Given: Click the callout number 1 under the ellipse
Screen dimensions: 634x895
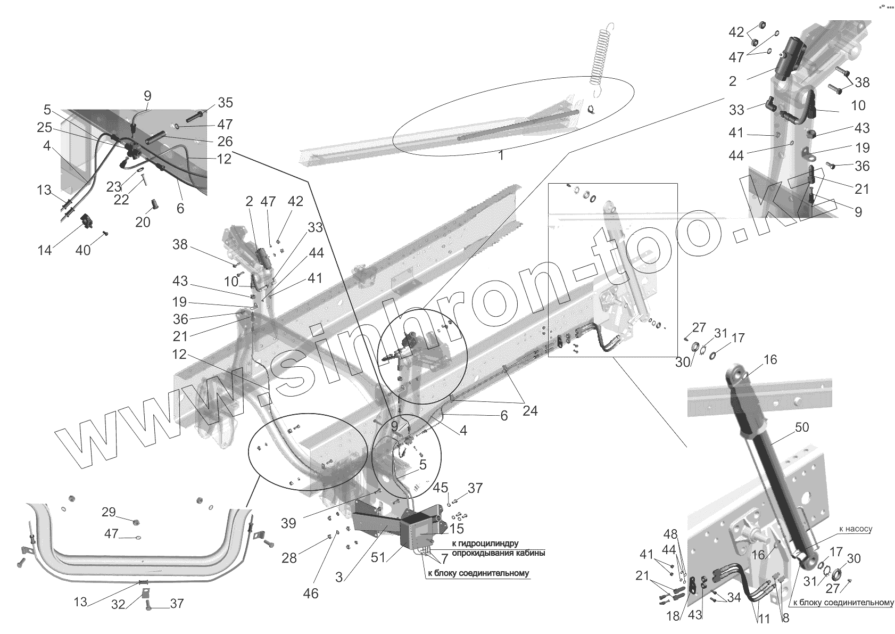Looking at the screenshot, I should point(501,156).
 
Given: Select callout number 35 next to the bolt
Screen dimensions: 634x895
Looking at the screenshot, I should point(225,103).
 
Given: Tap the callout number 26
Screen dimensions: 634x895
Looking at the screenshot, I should point(225,141).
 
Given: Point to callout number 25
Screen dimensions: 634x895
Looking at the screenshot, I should point(44,127).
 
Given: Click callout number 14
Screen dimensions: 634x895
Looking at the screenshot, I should point(45,250).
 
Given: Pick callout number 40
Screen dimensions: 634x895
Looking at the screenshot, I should point(82,250).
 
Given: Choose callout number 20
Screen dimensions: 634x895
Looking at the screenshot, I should point(143,222).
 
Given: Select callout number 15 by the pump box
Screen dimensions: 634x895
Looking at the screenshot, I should point(456,529).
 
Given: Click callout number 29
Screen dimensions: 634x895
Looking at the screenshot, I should point(109,512).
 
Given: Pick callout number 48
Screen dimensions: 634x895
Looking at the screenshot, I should point(671,533).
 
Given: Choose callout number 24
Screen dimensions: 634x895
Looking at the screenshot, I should point(529,411).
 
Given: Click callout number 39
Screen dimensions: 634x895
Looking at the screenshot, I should point(288,523).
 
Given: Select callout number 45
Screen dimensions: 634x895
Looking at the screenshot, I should point(441,488).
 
